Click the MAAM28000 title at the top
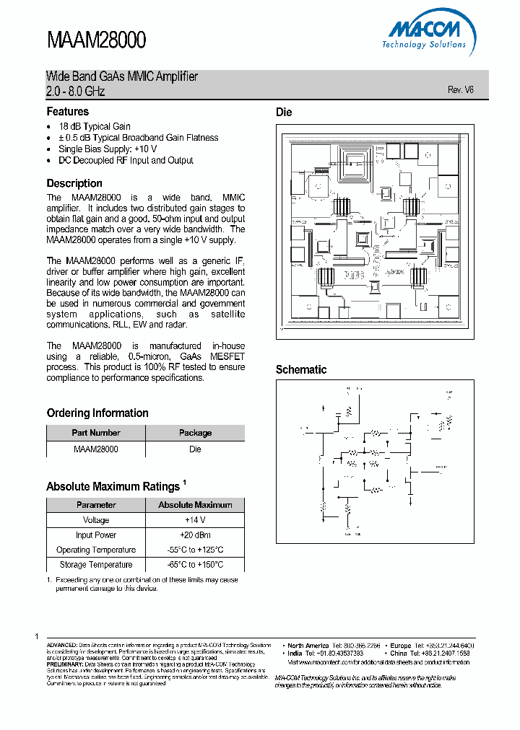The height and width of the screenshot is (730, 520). point(97,40)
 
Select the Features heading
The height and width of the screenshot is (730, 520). point(68,112)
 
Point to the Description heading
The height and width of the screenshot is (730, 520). point(74,183)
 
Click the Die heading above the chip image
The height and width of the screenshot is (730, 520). point(284,113)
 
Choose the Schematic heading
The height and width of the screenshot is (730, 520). point(301,369)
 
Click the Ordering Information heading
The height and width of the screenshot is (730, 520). point(97,413)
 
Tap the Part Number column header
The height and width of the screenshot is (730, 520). point(96,433)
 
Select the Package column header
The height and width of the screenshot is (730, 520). point(195,433)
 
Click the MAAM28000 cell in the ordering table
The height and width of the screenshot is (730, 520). point(96,449)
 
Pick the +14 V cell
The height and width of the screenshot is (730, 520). point(195,520)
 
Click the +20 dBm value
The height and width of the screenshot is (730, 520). point(195,535)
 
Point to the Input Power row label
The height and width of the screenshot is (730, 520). point(96,535)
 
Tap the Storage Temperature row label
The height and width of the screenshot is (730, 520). point(96,565)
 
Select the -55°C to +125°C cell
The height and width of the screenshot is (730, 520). point(195,550)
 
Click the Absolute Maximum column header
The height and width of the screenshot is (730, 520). point(195,505)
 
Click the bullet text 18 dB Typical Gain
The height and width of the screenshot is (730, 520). point(95,126)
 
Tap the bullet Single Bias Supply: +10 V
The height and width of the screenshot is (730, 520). point(108,149)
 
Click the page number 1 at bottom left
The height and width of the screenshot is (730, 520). point(37,636)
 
